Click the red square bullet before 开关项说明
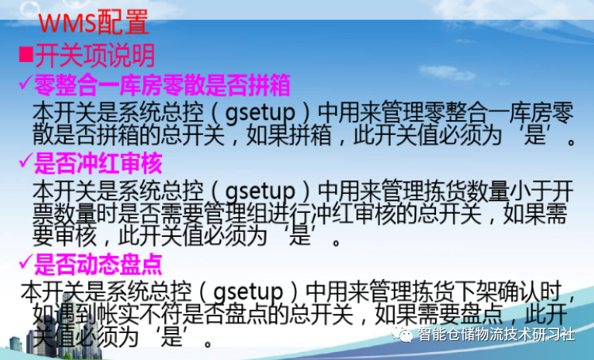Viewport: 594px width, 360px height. click(x=25, y=55)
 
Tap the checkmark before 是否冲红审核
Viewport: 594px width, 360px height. click(x=24, y=165)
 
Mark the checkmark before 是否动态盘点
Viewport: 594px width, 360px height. click(x=24, y=261)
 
